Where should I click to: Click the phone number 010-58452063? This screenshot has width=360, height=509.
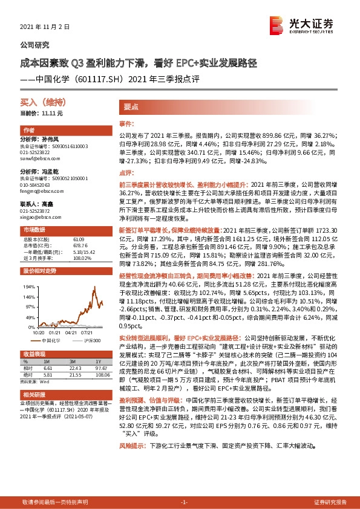coord(37,183)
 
